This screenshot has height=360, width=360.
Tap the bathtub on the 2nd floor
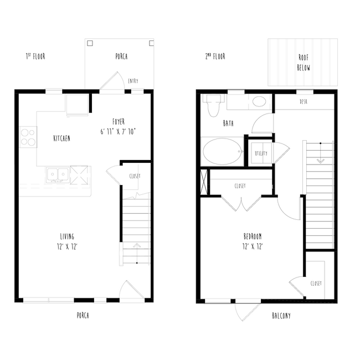(x=222, y=152)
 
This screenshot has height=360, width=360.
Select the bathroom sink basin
(x=259, y=101)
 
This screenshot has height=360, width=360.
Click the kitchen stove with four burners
(x=28, y=137)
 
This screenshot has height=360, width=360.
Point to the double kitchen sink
(x=58, y=176)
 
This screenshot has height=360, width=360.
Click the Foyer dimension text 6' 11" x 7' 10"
(x=118, y=132)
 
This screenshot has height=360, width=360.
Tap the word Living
(x=67, y=236)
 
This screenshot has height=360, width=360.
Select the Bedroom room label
(x=253, y=236)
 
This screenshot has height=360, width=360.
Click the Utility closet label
(x=261, y=153)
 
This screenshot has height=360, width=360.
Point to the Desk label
(x=304, y=101)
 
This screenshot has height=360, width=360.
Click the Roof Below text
(x=304, y=63)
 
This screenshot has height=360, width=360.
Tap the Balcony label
(x=281, y=316)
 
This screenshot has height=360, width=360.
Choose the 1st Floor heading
(x=35, y=56)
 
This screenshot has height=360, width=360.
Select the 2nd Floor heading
(x=215, y=56)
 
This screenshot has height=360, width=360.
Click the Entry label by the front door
(x=133, y=81)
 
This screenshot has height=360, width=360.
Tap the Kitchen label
(x=61, y=138)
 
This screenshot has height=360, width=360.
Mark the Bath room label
(x=228, y=124)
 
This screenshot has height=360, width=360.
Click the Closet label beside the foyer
(x=135, y=176)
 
